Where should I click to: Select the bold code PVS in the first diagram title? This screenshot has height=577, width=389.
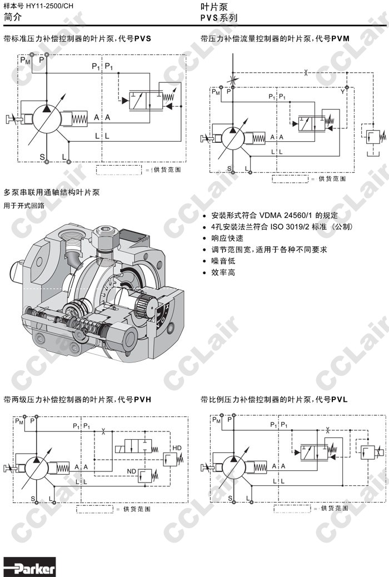pos(142,39)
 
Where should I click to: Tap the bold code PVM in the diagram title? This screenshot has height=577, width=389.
pos(340,39)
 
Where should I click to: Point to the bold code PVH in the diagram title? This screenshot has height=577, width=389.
pos(142,399)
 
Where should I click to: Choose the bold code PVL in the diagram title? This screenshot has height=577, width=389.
pos(339,399)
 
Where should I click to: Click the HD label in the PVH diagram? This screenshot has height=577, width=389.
pos(177,448)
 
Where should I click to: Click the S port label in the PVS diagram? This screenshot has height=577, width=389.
pos(42,157)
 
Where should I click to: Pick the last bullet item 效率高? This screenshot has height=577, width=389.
pos(223,272)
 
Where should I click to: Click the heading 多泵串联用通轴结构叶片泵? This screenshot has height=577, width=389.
pos(52,193)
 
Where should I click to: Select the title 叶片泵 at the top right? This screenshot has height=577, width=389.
pos(212,7)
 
